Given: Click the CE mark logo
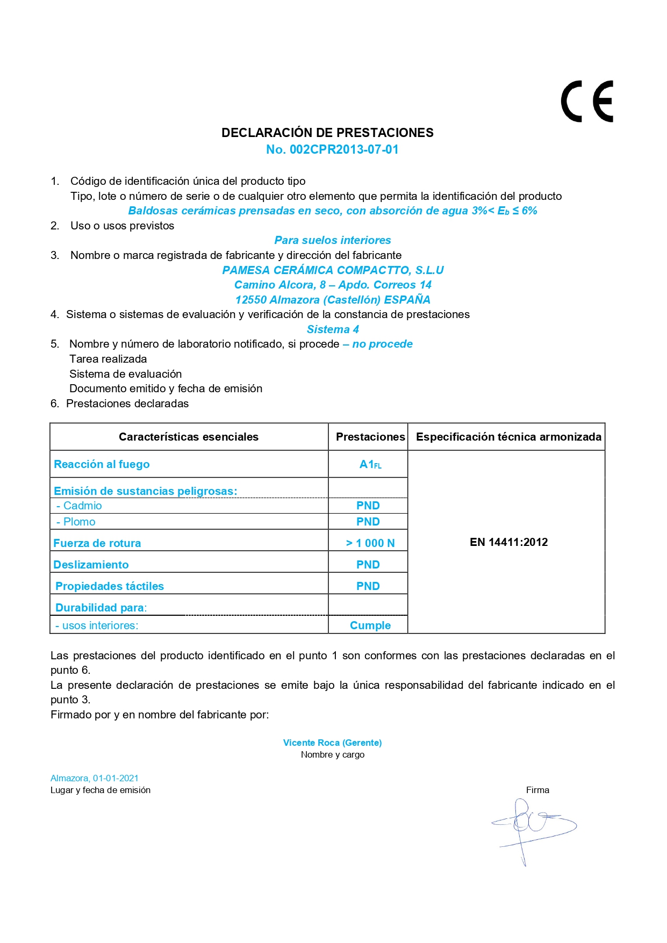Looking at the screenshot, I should click(587, 102).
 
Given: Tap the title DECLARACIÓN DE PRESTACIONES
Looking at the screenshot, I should click(327, 133).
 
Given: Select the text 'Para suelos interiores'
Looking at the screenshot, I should click(333, 240).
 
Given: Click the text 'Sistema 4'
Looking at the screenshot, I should click(333, 329).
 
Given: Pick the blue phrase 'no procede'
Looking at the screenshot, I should click(382, 344).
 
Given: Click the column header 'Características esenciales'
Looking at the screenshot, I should click(189, 437).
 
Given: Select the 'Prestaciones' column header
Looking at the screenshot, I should click(370, 437).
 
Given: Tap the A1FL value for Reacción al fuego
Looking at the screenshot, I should click(370, 464).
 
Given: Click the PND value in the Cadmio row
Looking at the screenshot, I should click(368, 506).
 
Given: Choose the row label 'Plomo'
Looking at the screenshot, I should click(79, 522).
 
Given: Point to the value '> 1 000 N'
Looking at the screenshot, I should click(370, 543).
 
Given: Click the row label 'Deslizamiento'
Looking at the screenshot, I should click(91, 565).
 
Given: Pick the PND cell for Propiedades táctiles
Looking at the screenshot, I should click(368, 586).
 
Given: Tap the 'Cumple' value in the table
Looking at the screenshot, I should click(370, 625).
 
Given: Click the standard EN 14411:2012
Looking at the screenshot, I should click(508, 542).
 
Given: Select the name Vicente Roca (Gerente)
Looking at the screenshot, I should click(332, 743).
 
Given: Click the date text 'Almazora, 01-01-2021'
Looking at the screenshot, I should click(95, 778).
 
